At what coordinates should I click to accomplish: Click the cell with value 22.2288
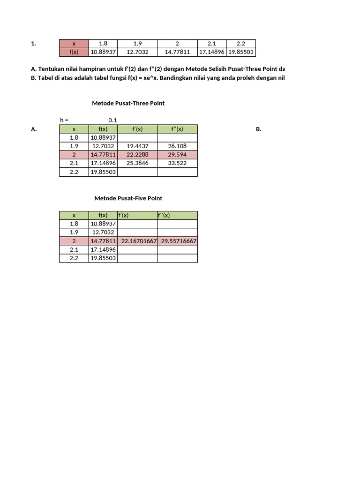tap(137, 155)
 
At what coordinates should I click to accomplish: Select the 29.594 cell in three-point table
tap(177, 155)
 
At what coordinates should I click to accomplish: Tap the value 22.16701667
tap(139, 241)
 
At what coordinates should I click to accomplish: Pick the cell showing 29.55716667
tap(179, 241)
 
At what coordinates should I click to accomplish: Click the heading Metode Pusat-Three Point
tap(128, 103)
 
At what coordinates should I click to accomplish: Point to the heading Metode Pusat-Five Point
tap(128, 198)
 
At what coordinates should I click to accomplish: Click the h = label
tap(65, 120)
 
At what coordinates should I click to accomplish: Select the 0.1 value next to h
tap(112, 120)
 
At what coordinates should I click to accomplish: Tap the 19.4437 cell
tap(137, 146)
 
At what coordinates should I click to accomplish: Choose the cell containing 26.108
tap(177, 146)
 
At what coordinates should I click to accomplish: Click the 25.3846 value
tap(137, 163)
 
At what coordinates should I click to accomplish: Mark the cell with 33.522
tap(177, 163)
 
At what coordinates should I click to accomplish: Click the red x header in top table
tap(74, 44)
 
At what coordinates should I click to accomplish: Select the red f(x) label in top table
tap(74, 52)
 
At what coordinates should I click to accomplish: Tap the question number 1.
tap(33, 44)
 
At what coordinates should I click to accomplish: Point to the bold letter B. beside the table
tap(259, 129)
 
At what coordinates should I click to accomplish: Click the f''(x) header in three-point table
tap(177, 129)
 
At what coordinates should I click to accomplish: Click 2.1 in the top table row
tap(212, 44)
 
